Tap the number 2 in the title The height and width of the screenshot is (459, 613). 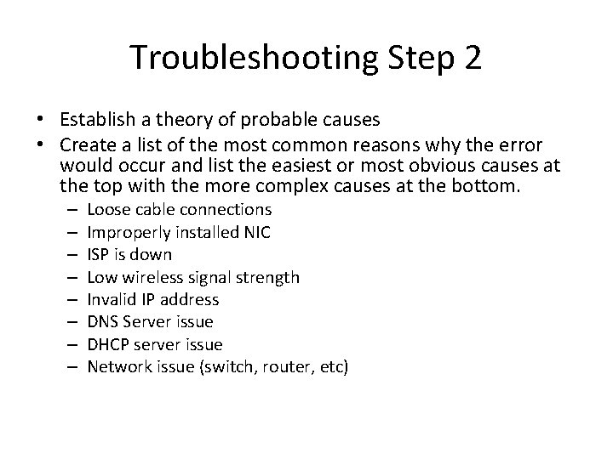click(473, 58)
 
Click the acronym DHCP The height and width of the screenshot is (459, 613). click(106, 344)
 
